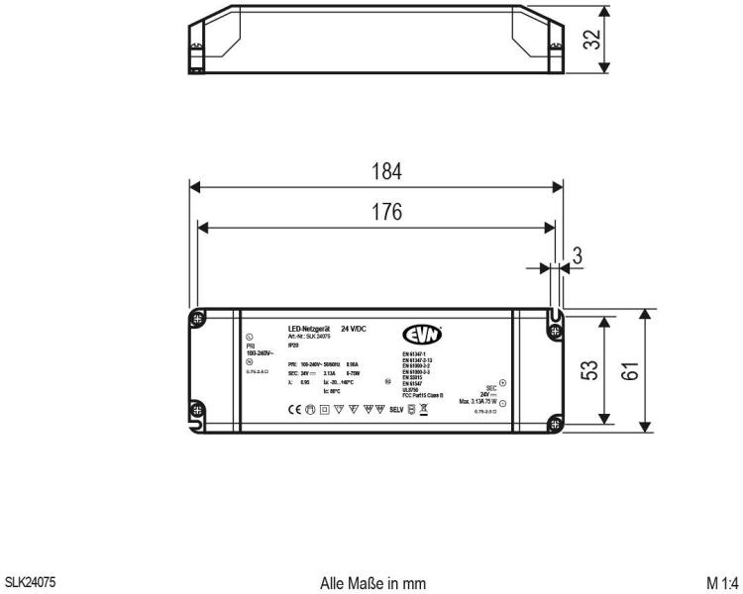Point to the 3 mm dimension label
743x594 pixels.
(x=579, y=256)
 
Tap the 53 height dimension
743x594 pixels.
(x=588, y=372)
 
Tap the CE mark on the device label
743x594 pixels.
(x=294, y=407)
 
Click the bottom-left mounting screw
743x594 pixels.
(x=197, y=410)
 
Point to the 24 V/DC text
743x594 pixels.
(x=354, y=328)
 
